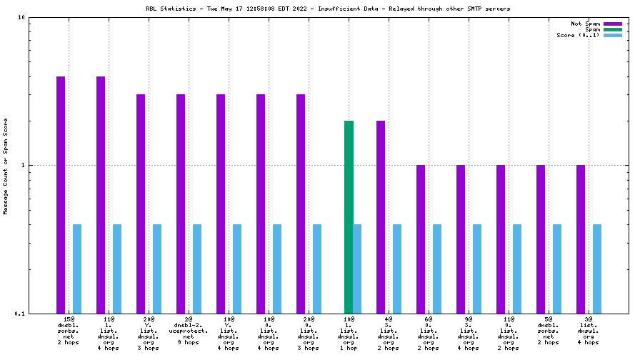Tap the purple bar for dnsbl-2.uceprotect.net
pos(181,204)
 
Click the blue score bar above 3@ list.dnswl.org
pos(597,269)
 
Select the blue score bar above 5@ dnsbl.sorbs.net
pos(557,269)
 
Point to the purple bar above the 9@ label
pos(461,239)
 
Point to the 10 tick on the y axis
pos(21,17)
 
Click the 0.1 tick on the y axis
pos(20,314)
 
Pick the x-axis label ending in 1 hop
pos(349,333)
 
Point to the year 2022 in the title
pos(299,9)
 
